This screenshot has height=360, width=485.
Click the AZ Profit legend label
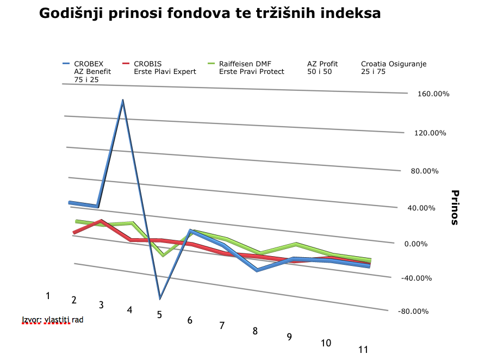[324, 64]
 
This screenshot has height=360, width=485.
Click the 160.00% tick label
[434, 94]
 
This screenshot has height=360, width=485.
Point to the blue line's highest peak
[123, 101]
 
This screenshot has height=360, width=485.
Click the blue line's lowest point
[160, 299]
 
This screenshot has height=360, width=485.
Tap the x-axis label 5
[159, 315]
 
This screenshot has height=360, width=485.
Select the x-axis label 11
[364, 350]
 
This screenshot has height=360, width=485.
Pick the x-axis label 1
[48, 296]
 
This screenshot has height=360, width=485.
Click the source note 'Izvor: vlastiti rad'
[53, 319]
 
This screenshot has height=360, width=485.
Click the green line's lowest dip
[162, 255]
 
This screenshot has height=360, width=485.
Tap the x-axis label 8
[255, 331]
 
